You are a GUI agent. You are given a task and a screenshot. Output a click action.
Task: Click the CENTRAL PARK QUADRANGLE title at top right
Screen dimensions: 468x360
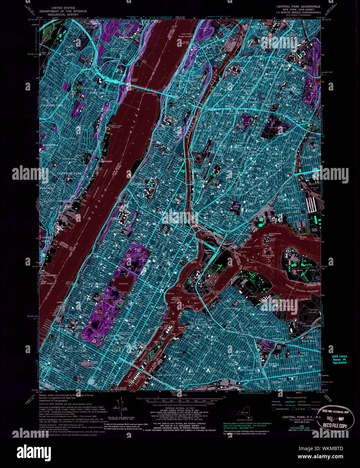point(298,6)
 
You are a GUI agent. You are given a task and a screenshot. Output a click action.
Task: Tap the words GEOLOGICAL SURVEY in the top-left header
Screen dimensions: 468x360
point(63,14)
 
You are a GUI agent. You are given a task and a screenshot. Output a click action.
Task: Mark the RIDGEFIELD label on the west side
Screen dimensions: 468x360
point(51,145)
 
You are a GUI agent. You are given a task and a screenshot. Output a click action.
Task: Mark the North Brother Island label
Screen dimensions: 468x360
point(277,235)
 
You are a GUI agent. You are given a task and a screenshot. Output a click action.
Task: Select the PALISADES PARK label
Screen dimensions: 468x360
point(53,105)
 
